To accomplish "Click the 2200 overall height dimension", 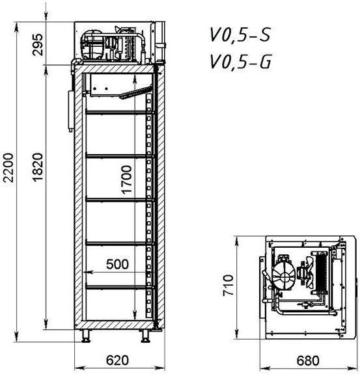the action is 8,168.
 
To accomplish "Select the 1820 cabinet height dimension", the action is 38,167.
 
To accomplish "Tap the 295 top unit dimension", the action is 38,45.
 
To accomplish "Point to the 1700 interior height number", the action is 126,180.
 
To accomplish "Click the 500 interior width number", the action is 117,264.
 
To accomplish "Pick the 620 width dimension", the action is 117,360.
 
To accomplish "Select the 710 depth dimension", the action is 228,286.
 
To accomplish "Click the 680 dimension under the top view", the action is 308,360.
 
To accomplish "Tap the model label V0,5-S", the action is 240,35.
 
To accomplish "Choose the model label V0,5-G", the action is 241,62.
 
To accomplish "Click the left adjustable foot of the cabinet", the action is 86,336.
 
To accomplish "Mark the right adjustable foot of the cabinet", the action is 145,336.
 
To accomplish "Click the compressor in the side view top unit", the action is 92,44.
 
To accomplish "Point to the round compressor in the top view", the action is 284,276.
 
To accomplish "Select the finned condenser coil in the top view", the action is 322,272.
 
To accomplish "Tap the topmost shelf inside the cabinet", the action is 119,113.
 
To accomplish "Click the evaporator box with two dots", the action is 105,85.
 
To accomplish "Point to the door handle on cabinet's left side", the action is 71,111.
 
